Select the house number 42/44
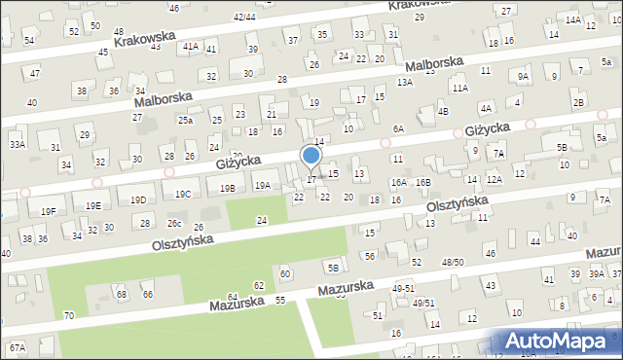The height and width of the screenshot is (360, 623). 244,17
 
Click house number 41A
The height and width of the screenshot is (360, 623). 191,46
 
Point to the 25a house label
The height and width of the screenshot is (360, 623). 185,120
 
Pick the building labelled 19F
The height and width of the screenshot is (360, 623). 49,211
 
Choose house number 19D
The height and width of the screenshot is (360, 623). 138,199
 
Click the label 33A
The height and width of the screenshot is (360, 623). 18,144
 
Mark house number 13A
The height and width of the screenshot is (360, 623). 405,83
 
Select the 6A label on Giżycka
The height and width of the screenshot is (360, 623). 398,128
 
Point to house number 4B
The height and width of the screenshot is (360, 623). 444,111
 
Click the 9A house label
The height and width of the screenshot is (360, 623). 523,76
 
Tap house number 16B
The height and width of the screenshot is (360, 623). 422,182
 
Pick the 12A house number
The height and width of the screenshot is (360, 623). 495,179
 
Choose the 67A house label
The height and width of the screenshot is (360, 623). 17,347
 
